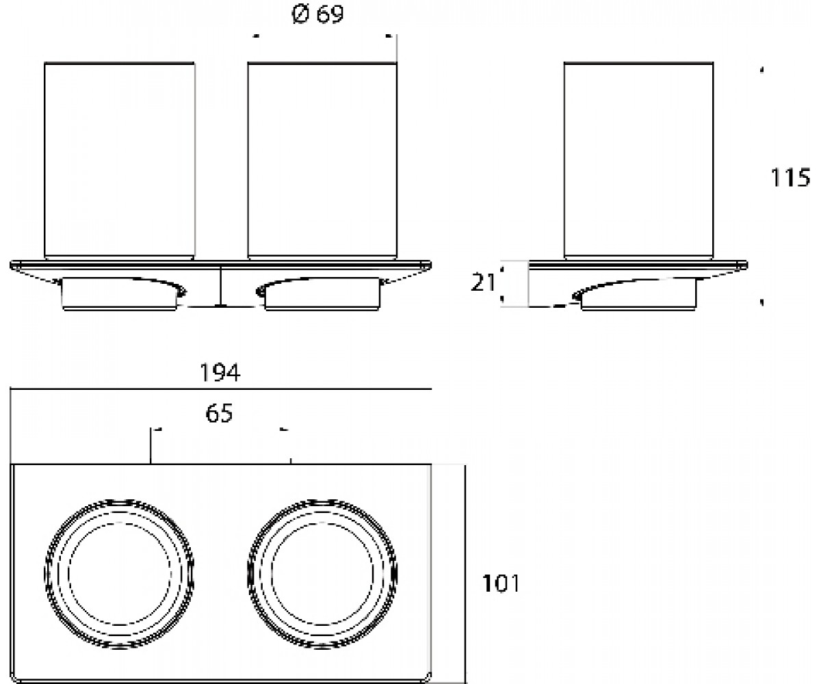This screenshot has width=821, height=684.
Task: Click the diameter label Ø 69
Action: [317, 15]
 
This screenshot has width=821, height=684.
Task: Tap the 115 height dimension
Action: [790, 177]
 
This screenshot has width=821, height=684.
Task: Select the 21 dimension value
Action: [482, 282]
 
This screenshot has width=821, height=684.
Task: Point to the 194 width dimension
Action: [220, 372]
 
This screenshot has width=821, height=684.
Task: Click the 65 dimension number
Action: [219, 412]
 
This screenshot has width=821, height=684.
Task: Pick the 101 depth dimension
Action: [501, 583]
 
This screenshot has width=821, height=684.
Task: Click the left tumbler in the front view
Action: [120, 161]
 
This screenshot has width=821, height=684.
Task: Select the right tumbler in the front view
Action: [322, 161]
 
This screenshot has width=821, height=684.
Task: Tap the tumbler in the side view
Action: [638, 161]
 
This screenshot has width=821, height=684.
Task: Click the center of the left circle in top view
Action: [120, 575]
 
